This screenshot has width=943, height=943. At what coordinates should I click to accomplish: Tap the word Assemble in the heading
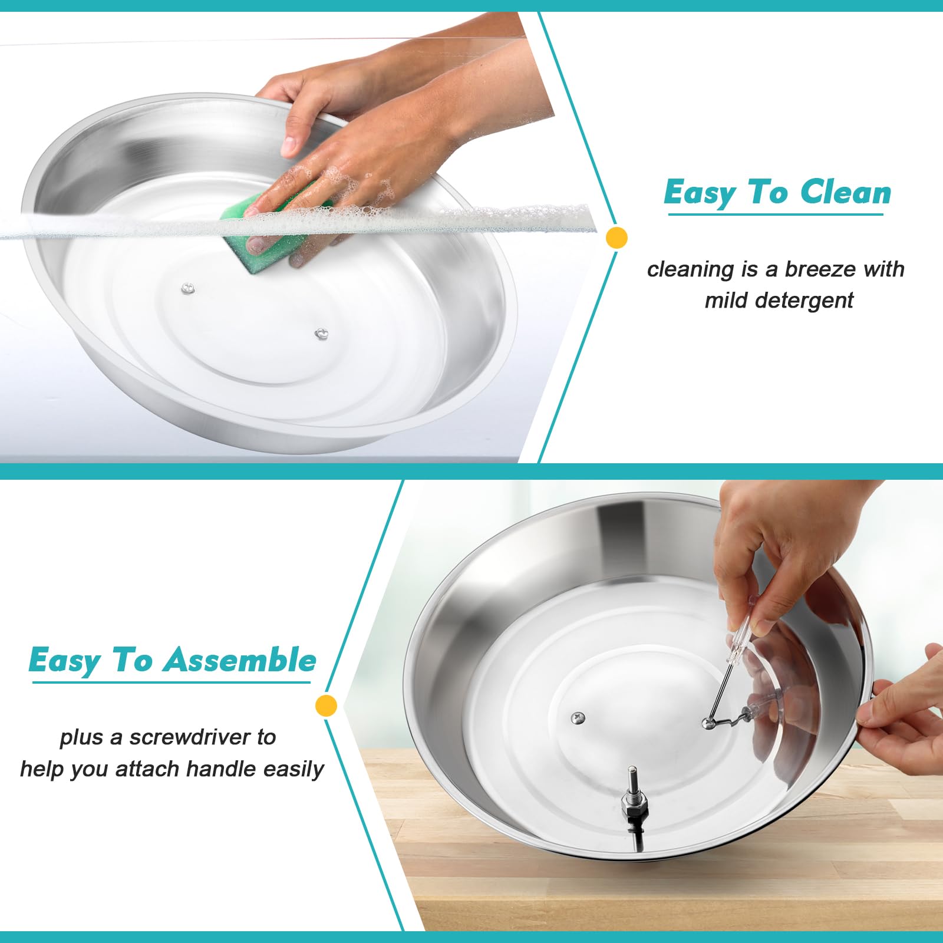tap(240, 660)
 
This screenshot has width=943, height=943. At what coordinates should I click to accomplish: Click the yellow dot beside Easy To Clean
tap(616, 238)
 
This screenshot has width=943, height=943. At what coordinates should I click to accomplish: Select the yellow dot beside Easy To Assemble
tap(326, 705)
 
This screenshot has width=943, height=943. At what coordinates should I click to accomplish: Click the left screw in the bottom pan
tap(577, 718)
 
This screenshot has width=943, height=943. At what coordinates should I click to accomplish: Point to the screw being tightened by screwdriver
tap(708, 723)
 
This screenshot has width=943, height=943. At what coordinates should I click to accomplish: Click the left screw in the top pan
tap(188, 288)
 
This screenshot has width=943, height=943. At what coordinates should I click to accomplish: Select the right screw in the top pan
tap(321, 334)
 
